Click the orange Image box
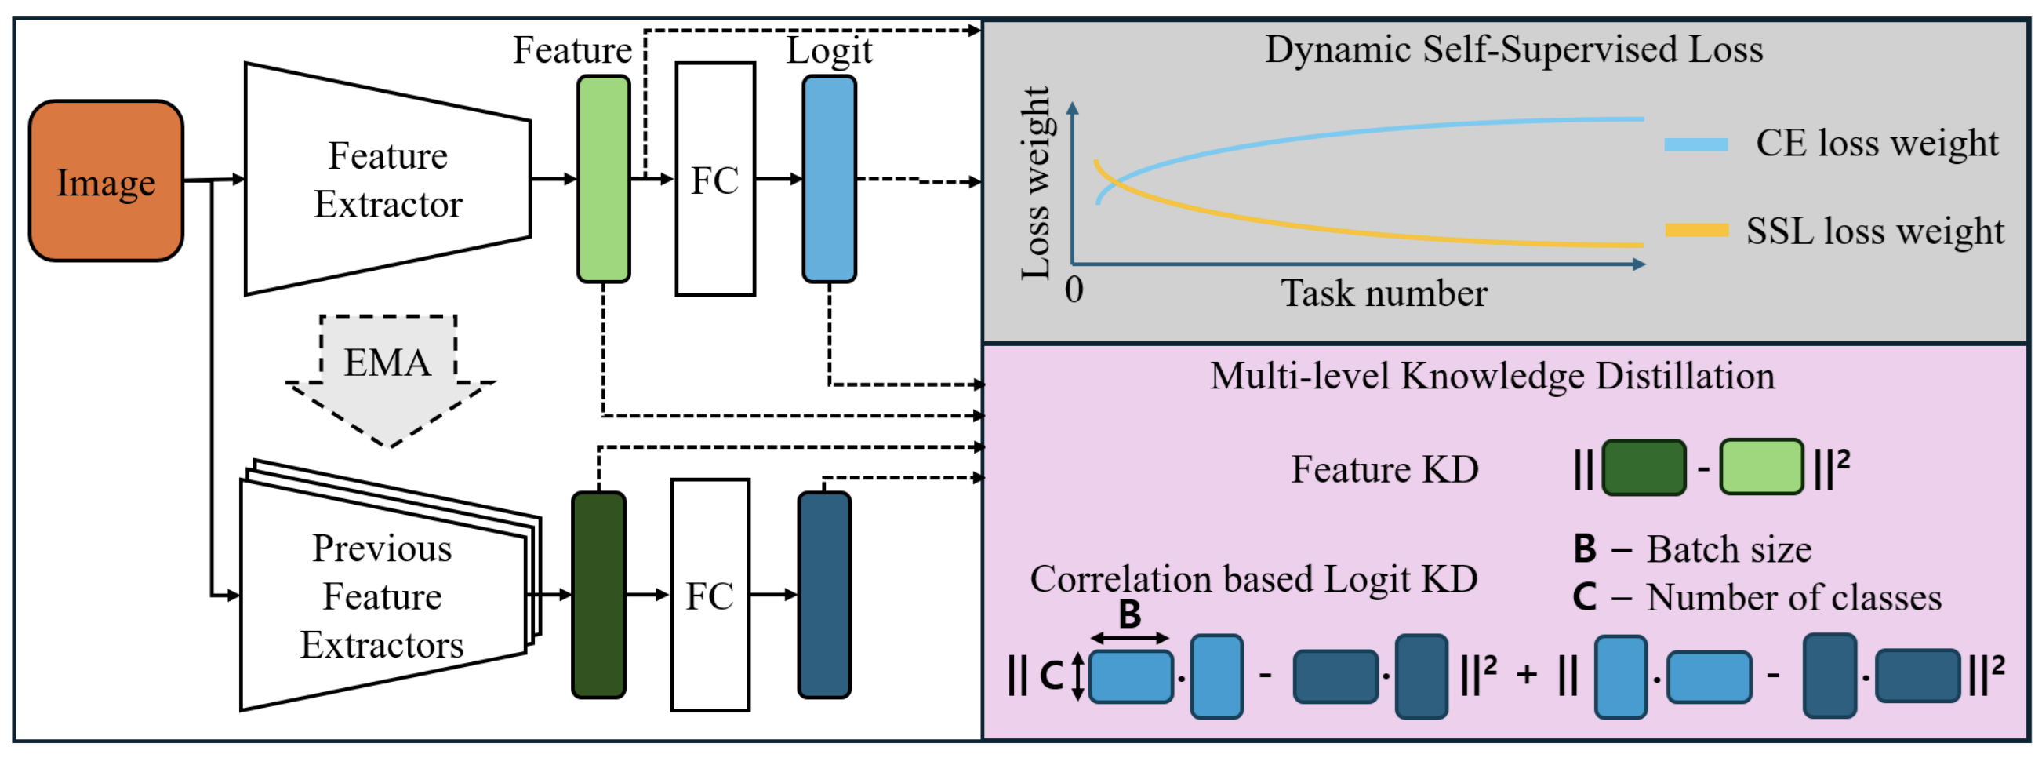click(x=106, y=180)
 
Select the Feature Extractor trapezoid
click(x=387, y=179)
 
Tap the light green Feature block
click(x=603, y=179)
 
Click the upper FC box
click(x=714, y=179)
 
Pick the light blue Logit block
click(x=828, y=179)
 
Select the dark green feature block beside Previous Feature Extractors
click(x=598, y=595)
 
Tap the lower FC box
click(x=710, y=595)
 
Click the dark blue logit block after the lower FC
click(x=823, y=595)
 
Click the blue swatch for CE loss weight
click(x=1695, y=144)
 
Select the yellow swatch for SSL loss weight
click(x=1695, y=231)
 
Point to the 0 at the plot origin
click(x=1074, y=290)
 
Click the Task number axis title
click(x=1383, y=294)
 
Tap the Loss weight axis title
click(x=1035, y=183)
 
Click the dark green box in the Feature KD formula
click(x=1644, y=468)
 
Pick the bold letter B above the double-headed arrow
click(x=1128, y=614)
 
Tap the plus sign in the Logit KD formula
click(x=1526, y=675)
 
